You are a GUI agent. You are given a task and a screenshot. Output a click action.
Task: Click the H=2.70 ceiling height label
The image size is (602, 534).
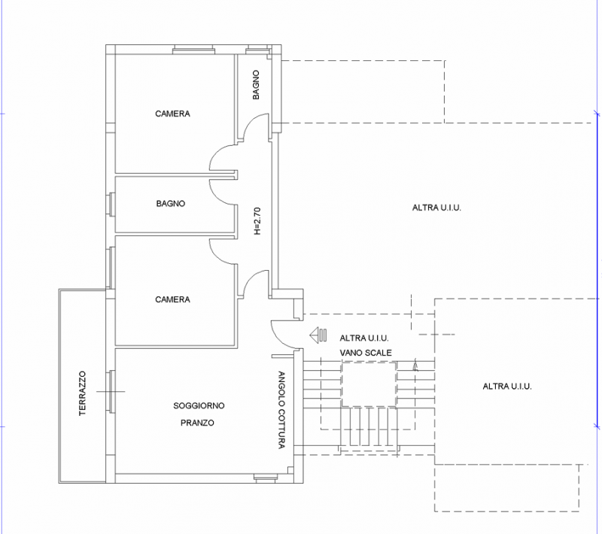click(257, 221)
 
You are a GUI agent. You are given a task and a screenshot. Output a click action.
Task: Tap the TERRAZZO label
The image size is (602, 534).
click(83, 393)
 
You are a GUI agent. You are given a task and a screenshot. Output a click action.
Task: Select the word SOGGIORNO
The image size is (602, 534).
click(199, 405)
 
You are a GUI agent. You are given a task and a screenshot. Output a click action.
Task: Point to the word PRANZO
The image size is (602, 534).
click(197, 423)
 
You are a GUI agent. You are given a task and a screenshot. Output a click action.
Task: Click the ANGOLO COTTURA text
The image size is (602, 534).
click(281, 410)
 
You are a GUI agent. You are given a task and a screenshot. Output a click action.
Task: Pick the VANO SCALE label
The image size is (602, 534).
click(366, 353)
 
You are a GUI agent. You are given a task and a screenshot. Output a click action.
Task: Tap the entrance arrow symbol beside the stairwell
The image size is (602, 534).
click(318, 335)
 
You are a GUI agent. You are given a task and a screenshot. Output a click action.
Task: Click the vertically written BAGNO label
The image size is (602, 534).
click(256, 85)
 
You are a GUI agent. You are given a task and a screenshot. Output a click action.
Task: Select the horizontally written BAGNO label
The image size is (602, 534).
click(171, 203)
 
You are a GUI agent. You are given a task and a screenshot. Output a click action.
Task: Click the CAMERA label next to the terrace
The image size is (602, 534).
click(172, 299)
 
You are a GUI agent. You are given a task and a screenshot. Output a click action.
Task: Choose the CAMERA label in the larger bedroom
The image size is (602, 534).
click(172, 114)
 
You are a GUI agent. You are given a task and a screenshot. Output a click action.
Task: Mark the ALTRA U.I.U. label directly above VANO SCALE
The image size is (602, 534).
click(364, 338)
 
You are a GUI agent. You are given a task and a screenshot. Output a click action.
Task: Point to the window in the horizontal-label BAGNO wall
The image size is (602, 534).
click(111, 205)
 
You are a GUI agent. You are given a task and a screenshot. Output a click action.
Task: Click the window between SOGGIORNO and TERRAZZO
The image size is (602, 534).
click(111, 391)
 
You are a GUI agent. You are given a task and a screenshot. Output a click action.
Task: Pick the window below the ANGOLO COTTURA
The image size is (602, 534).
click(266, 478)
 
